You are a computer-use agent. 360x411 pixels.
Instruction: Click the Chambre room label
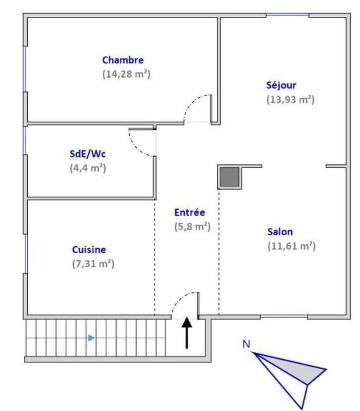tap(123, 60)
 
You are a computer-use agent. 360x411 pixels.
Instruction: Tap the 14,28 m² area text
tap(126, 73)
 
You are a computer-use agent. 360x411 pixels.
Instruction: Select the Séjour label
tap(281, 85)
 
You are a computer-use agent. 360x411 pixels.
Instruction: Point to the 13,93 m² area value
tap(290, 99)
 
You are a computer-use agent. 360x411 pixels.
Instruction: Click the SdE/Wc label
tap(87, 154)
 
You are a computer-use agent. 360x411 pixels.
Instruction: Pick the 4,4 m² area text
tap(88, 167)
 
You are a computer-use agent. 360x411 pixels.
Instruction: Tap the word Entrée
tap(190, 212)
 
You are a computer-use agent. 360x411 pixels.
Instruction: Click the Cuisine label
tap(89, 250)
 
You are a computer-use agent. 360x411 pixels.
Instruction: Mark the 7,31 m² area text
tap(93, 264)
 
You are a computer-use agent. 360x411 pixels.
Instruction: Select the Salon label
tap(280, 232)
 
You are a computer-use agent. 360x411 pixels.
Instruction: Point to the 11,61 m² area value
tap(291, 246)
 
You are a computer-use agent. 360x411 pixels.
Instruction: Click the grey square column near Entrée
tap(230, 177)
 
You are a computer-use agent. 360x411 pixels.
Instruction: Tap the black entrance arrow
tap(186, 332)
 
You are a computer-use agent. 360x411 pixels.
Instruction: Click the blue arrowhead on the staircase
tap(91, 338)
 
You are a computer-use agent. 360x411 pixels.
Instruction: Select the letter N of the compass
tap(247, 344)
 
